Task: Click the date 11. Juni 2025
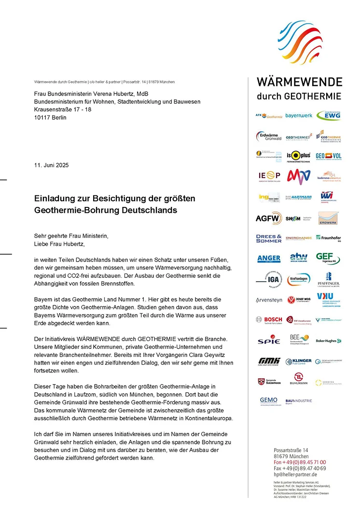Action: (51, 165)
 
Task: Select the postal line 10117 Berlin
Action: (50, 117)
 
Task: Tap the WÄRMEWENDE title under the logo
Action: (299, 82)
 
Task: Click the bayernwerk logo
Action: (299, 116)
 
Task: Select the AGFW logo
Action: (268, 218)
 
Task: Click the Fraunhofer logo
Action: (329, 238)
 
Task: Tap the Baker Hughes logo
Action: (329, 341)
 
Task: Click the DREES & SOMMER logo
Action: (268, 238)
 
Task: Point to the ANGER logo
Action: (268, 259)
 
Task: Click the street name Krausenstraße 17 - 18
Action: (62, 110)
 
